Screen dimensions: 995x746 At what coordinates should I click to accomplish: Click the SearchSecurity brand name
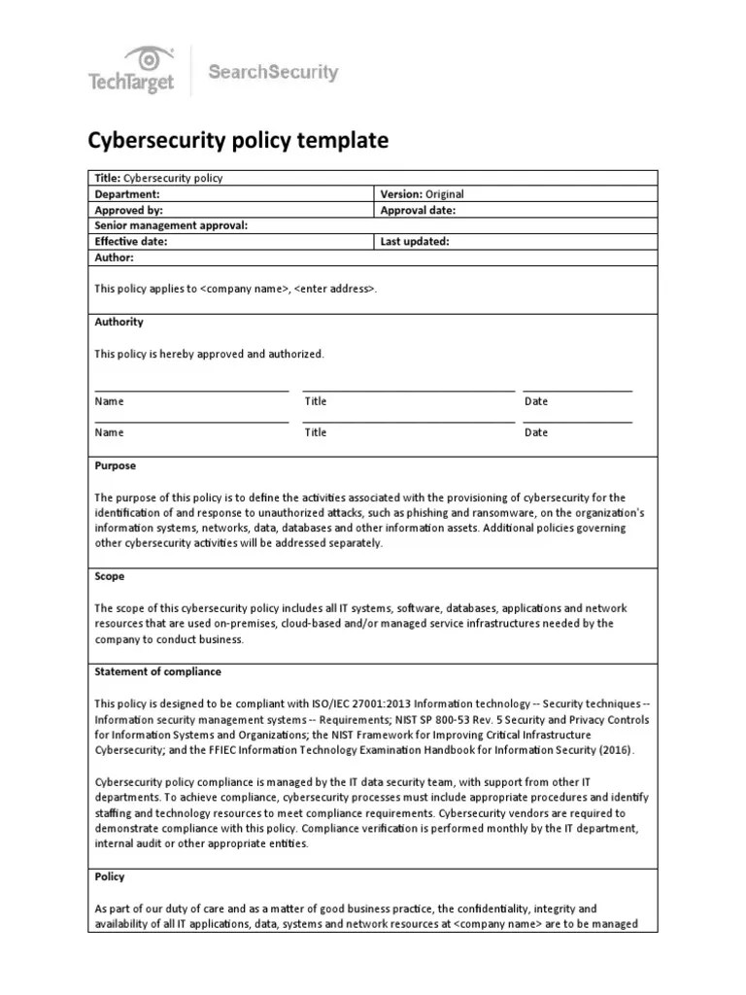(274, 72)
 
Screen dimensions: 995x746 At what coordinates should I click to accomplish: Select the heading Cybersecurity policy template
(238, 141)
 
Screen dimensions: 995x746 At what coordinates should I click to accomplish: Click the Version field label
(401, 193)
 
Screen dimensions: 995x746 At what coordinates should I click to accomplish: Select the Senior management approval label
(171, 225)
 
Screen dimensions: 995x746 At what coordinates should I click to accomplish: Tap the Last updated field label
(415, 241)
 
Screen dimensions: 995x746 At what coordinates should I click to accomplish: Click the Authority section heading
(119, 322)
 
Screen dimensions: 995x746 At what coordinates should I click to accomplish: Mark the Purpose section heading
(116, 465)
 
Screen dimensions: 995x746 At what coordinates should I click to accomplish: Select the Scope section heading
(110, 576)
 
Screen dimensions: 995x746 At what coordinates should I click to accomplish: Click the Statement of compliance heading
(157, 671)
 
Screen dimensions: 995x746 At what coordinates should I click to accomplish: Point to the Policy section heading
(110, 876)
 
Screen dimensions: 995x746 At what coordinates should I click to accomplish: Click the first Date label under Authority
(536, 401)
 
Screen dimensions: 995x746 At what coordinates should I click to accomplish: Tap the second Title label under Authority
(316, 432)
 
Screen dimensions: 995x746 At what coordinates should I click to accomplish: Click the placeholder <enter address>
(334, 290)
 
